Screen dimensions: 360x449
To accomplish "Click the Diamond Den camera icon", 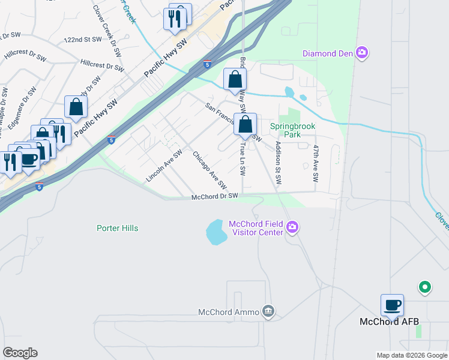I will (x=362, y=53).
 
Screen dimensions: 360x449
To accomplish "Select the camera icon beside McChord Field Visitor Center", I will (x=292, y=227).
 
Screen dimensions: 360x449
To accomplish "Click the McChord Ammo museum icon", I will (x=268, y=311).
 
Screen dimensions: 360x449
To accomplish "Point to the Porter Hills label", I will (x=118, y=228).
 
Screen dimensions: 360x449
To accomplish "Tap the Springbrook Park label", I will (x=292, y=130).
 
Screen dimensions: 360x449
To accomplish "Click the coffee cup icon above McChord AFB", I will (x=392, y=305).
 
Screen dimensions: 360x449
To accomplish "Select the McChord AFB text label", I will (x=388, y=322).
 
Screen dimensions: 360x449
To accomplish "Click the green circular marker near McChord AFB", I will (x=425, y=288).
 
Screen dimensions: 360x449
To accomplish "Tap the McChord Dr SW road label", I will (x=215, y=196).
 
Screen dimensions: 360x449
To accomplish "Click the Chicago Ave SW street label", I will (x=209, y=169).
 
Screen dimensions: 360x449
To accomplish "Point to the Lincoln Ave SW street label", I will (x=164, y=166).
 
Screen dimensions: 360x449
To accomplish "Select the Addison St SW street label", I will (x=278, y=163).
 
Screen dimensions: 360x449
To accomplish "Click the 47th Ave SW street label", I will (x=315, y=163).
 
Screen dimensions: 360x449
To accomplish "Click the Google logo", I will (x=20, y=353).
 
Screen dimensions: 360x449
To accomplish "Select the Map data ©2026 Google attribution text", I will (x=412, y=355).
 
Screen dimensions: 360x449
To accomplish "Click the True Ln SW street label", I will (x=243, y=158).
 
